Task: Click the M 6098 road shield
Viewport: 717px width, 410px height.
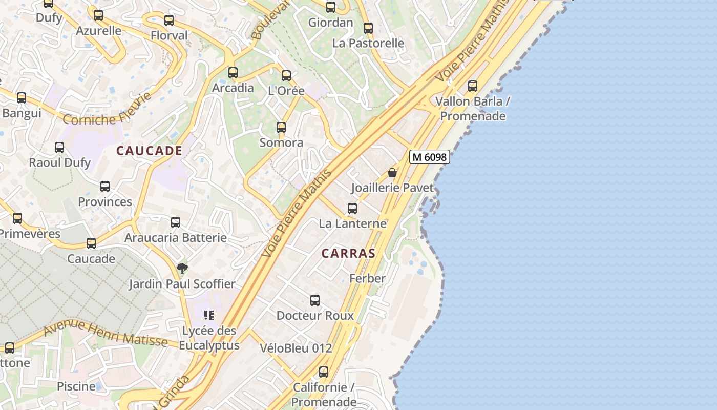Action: [x=430, y=157]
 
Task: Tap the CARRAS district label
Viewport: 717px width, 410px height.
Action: [x=348, y=253]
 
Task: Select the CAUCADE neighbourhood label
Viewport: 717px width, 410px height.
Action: [x=149, y=151]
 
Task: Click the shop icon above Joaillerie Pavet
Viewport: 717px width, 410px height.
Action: [x=392, y=173]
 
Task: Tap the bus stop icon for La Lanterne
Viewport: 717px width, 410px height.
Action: [x=352, y=209]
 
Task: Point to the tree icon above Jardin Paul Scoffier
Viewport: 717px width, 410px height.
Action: [x=182, y=268]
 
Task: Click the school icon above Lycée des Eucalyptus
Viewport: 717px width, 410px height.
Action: [x=208, y=315]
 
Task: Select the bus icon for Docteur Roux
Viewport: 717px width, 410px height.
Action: [x=315, y=300]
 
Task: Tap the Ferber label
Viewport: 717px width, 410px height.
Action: [x=367, y=278]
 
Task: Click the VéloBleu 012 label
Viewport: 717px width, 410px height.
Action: [x=296, y=348]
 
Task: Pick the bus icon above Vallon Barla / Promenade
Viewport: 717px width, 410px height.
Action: [x=473, y=86]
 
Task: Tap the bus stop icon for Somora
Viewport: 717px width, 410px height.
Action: [x=281, y=128]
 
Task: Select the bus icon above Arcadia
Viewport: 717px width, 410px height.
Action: [x=233, y=73]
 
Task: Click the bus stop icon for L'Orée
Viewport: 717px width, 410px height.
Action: [x=286, y=76]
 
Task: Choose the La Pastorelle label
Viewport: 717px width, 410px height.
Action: [x=368, y=43]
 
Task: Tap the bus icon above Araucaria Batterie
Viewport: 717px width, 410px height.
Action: [x=176, y=222]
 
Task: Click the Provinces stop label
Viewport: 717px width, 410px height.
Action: [x=105, y=201]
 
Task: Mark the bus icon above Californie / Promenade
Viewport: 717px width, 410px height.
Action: [x=324, y=372]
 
